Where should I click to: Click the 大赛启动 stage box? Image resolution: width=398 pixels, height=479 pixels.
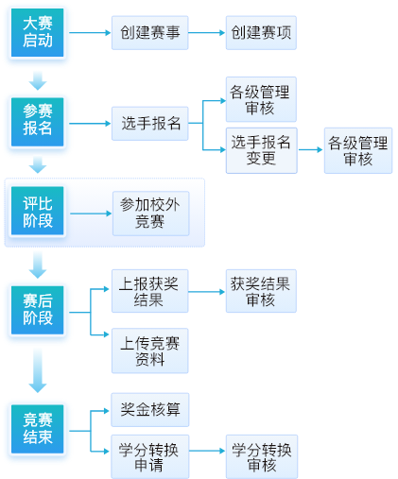coord(38,33)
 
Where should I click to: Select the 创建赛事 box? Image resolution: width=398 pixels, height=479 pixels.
coord(150,33)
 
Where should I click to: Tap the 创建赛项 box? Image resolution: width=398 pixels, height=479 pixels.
coord(261,33)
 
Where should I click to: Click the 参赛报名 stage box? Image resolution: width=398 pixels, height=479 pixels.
coord(38,122)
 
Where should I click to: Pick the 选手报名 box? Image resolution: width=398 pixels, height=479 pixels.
coord(150,124)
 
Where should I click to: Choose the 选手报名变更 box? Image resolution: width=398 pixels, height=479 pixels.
coord(262,150)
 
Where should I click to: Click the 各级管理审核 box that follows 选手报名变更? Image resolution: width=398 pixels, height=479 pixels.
coord(358,150)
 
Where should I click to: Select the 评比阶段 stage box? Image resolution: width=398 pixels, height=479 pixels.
coord(38,211)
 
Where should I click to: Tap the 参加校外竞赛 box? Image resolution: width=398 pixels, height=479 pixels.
coord(151,214)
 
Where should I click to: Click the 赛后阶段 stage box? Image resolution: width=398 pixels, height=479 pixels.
coord(38,310)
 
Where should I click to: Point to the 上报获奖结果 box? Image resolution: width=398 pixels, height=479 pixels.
coord(150,291)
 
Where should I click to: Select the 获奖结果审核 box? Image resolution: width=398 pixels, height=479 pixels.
coord(261,291)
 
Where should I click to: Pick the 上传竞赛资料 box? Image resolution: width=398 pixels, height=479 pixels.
coord(150,351)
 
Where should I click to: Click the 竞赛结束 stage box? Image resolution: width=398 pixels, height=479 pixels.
coord(38,429)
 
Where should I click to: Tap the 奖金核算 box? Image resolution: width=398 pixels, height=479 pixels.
coord(150,410)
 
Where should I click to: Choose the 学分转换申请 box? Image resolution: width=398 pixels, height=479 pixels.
coord(150,456)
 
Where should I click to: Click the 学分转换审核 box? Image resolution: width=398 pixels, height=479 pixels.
coord(262,456)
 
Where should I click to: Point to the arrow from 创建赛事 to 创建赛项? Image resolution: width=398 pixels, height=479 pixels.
coord(207,33)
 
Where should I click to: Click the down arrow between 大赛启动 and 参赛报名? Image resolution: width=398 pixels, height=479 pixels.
coord(38,81)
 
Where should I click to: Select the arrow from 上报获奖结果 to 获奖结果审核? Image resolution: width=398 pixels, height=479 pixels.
coord(207,292)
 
